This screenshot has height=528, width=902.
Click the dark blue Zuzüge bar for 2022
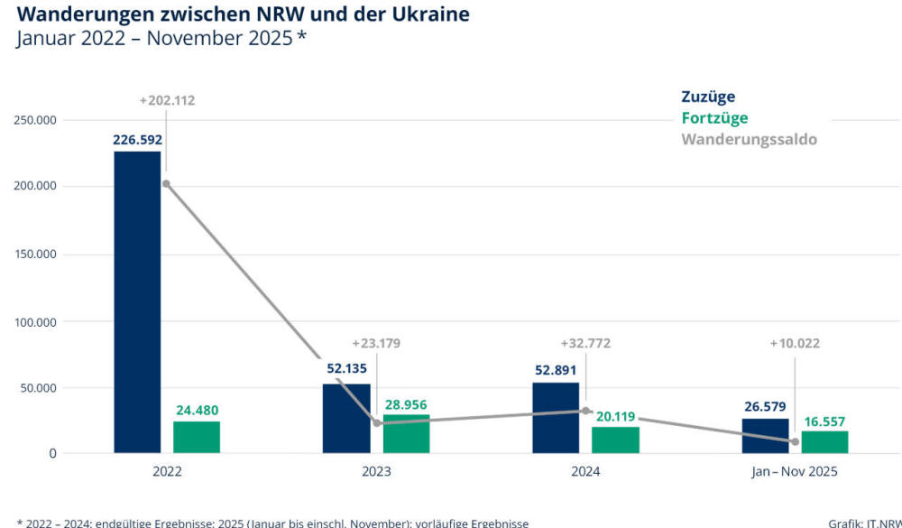(x=137, y=301)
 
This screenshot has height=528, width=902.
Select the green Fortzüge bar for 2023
(x=406, y=434)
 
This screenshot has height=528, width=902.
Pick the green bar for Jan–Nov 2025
(x=824, y=442)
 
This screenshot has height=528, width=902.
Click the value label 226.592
(x=137, y=140)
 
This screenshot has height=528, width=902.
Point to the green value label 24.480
(x=196, y=411)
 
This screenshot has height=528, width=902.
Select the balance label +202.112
(x=167, y=100)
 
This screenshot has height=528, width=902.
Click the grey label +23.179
(x=376, y=343)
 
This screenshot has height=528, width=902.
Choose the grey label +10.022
(x=795, y=343)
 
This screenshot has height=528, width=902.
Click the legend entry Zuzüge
(x=708, y=97)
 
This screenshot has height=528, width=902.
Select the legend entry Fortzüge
(x=714, y=118)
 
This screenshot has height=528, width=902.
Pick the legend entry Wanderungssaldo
(x=749, y=140)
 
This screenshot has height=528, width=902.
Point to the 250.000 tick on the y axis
(x=35, y=120)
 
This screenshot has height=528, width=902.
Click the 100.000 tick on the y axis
(x=35, y=322)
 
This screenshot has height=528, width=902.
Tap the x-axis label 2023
(x=376, y=471)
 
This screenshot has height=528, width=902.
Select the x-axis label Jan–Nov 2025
(x=795, y=471)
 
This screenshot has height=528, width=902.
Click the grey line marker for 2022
(x=166, y=184)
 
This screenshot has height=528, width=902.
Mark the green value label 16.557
(x=824, y=421)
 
